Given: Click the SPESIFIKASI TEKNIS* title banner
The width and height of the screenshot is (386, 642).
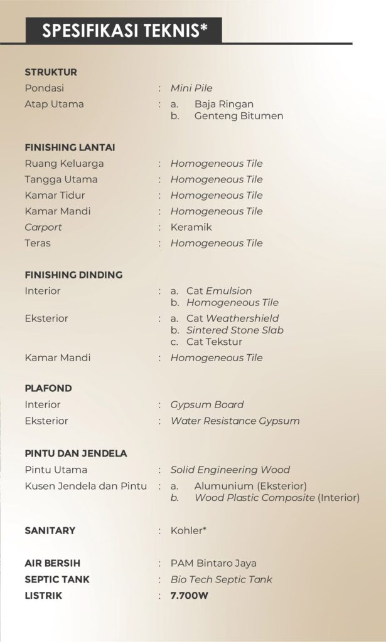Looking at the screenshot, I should click(124, 30).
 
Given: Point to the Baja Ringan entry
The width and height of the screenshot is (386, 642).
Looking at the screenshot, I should click(224, 104).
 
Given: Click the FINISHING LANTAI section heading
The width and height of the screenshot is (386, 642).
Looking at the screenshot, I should click(70, 147).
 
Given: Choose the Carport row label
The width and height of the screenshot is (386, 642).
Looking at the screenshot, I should click(43, 227).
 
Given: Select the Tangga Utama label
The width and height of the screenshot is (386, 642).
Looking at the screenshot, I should click(61, 179).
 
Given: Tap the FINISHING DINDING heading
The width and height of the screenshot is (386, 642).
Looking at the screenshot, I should click(73, 275).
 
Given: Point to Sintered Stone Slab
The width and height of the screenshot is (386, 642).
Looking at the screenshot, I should click(235, 330).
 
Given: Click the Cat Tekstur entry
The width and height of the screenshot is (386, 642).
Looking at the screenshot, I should click(214, 342).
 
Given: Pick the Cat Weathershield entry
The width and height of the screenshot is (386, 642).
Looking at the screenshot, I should click(233, 318).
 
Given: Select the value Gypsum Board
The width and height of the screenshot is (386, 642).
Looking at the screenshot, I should click(207, 404).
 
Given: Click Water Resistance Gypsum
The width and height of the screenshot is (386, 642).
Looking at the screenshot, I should click(235, 421).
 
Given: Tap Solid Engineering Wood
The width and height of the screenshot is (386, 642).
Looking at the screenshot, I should click(230, 470).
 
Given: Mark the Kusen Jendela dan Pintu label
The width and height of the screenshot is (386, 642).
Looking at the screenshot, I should click(86, 486).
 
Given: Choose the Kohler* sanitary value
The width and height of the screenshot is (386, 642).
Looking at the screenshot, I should click(188, 530).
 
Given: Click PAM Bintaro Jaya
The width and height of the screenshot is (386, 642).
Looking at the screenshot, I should click(213, 563).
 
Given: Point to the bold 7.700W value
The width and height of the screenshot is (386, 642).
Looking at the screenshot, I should click(190, 595).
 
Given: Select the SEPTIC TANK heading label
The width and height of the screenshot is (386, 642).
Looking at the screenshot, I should click(56, 579).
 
